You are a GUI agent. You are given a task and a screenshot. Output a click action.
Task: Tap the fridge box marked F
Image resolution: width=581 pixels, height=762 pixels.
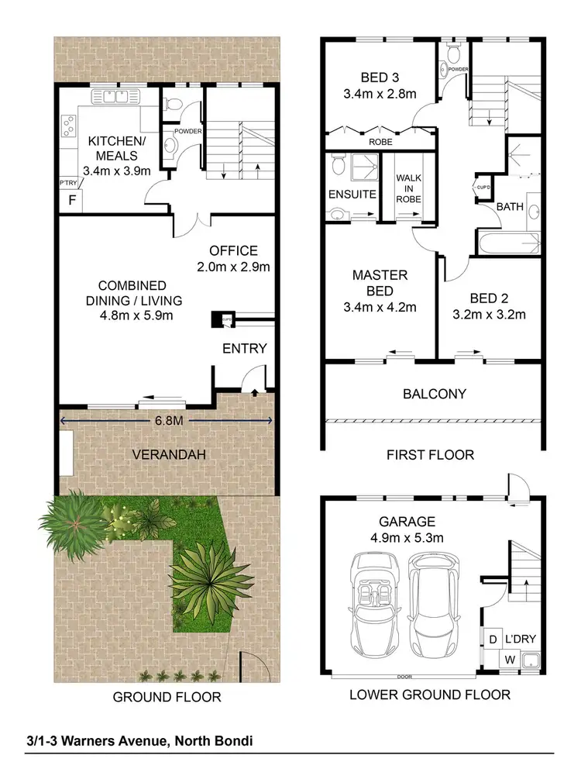pos(72,200)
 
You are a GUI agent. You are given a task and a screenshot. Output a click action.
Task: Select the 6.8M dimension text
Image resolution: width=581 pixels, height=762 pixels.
pos(165,420)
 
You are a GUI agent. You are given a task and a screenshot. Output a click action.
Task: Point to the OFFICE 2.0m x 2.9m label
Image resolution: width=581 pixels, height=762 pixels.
pos(233,259)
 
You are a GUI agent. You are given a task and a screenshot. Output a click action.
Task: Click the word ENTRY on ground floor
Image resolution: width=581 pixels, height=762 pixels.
pos(244,348)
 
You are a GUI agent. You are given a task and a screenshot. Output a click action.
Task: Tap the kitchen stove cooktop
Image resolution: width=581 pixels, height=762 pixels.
pos(69,126)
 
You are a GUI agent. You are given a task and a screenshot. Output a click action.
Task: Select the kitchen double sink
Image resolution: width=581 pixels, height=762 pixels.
pos(115,97)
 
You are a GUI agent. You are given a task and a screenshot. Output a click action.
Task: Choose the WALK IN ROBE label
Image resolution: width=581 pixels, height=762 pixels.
pos(408,189)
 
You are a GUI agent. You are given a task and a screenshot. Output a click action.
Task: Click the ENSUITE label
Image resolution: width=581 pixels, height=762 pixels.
pos(352,195)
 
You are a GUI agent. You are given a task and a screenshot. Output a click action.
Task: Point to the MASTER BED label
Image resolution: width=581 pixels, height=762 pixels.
pos(380,291)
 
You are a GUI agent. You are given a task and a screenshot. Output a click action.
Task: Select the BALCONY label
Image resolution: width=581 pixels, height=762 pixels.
pos(435,394)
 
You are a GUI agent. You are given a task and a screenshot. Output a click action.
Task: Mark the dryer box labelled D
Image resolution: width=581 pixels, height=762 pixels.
pos(492,640)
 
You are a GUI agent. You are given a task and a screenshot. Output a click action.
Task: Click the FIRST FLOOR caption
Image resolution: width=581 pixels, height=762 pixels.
pos(430,455)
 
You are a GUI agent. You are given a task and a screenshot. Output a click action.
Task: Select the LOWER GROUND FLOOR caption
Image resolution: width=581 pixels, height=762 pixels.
pos(430,695)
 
